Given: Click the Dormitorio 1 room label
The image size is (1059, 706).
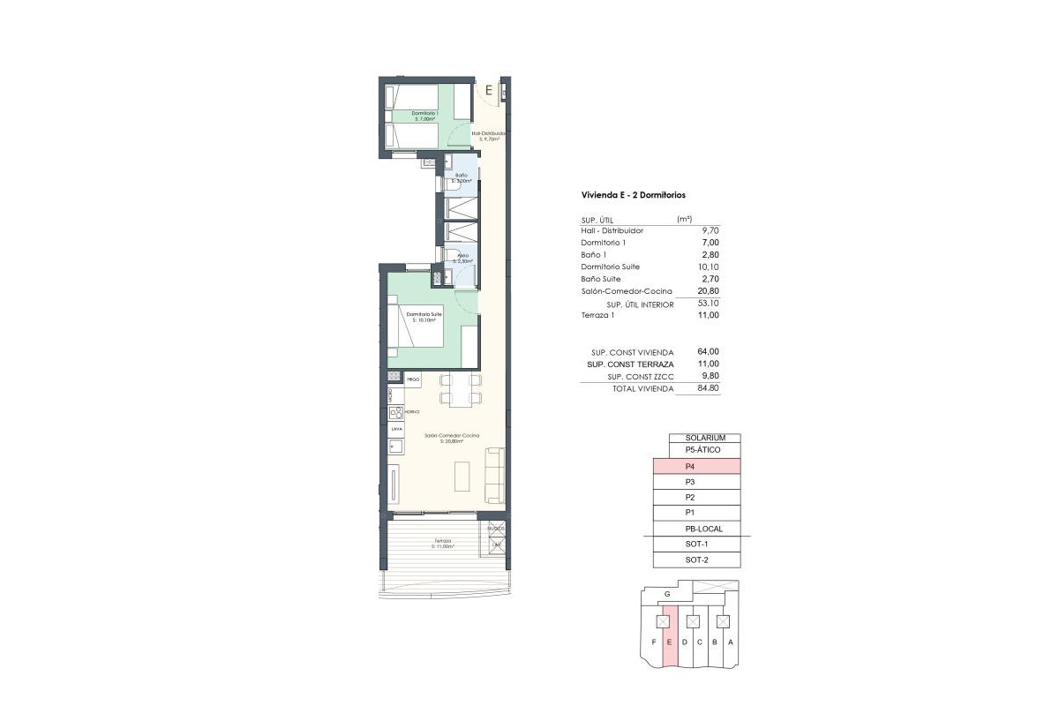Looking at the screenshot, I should click(425, 115).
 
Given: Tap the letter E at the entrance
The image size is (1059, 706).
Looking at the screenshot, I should click(487, 89).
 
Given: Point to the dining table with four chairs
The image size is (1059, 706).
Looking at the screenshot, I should click(461, 389).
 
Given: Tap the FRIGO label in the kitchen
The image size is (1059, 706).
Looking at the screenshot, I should click(412, 379).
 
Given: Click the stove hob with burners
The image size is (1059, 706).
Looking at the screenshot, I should click(396, 412).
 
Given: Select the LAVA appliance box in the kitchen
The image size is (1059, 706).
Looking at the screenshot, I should click(396, 430).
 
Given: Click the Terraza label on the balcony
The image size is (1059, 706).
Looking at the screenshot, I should click(442, 543).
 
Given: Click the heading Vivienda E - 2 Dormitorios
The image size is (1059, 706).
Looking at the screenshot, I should click(634, 195).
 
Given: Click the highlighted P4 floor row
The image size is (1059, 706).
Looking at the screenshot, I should click(696, 467).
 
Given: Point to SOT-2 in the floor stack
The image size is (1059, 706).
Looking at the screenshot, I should click(696, 560).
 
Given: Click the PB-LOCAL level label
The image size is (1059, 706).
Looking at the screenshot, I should click(703, 529).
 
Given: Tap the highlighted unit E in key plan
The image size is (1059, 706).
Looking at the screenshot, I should click(670, 642).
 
